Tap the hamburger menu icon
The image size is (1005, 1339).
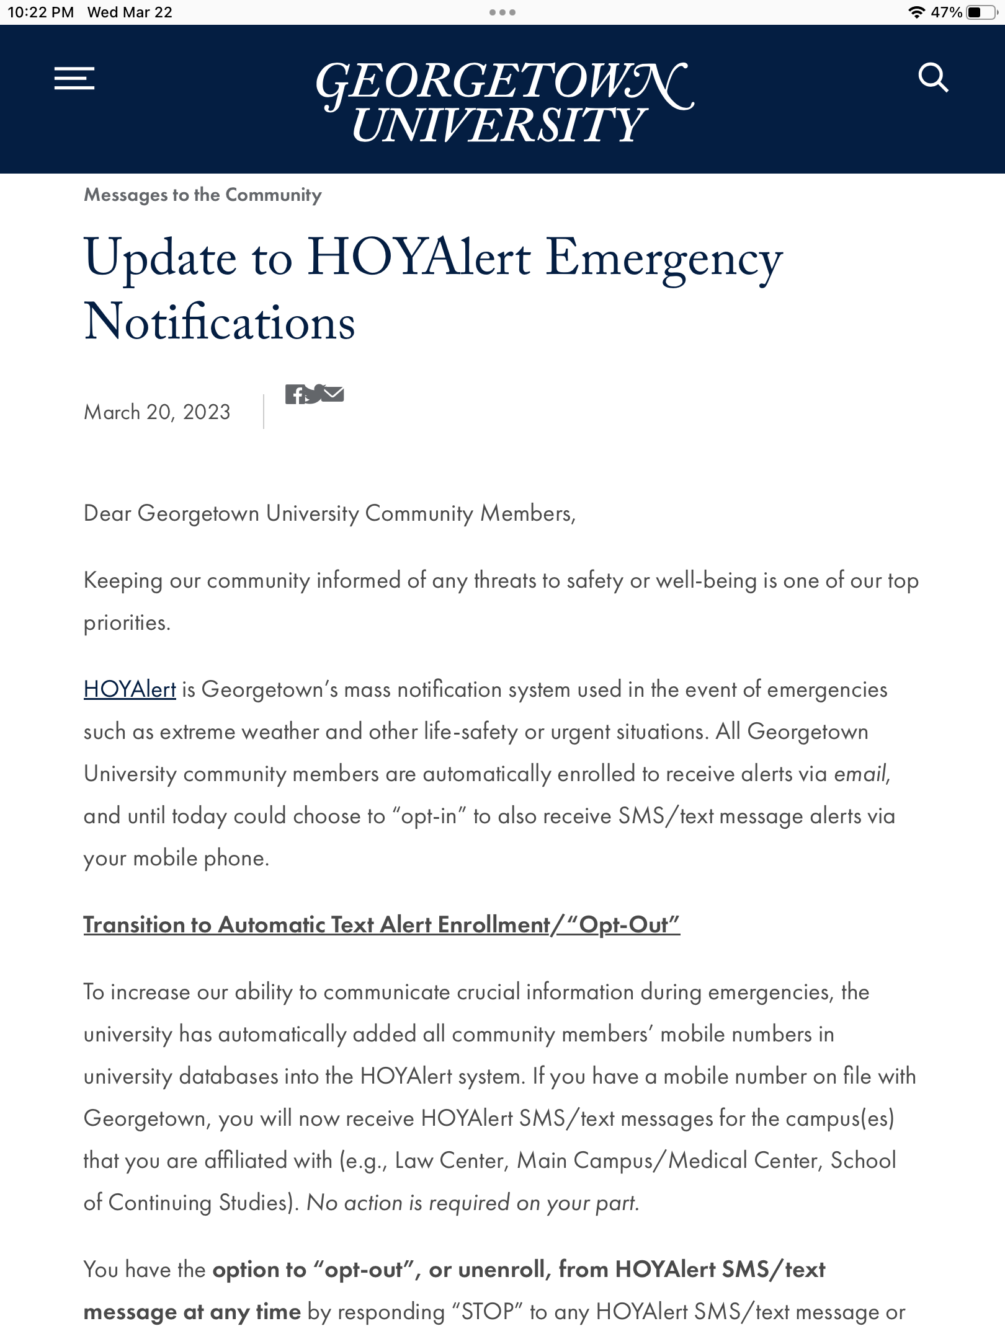pyautogui.click(x=74, y=78)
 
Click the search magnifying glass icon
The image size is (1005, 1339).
pyautogui.click(x=933, y=77)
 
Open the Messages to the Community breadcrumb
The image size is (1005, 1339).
pyautogui.click(x=203, y=195)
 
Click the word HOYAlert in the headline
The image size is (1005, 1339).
pyautogui.click(x=419, y=257)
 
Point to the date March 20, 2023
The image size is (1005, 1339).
pyautogui.click(x=157, y=412)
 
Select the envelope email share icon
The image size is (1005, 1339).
pyautogui.click(x=333, y=394)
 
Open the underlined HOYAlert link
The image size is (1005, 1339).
pyautogui.click(x=130, y=689)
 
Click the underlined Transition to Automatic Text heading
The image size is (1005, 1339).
pyautogui.click(x=382, y=924)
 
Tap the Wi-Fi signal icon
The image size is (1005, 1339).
pyautogui.click(x=916, y=12)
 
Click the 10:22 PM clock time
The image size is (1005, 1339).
pyautogui.click(x=40, y=12)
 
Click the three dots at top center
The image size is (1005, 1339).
pyautogui.click(x=502, y=12)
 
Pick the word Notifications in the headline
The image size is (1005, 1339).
pyautogui.click(x=220, y=322)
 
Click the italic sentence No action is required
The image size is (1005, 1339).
pyautogui.click(x=473, y=1203)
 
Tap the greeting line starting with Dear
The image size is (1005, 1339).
pyautogui.click(x=329, y=513)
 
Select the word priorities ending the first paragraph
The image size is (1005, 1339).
pyautogui.click(x=126, y=622)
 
